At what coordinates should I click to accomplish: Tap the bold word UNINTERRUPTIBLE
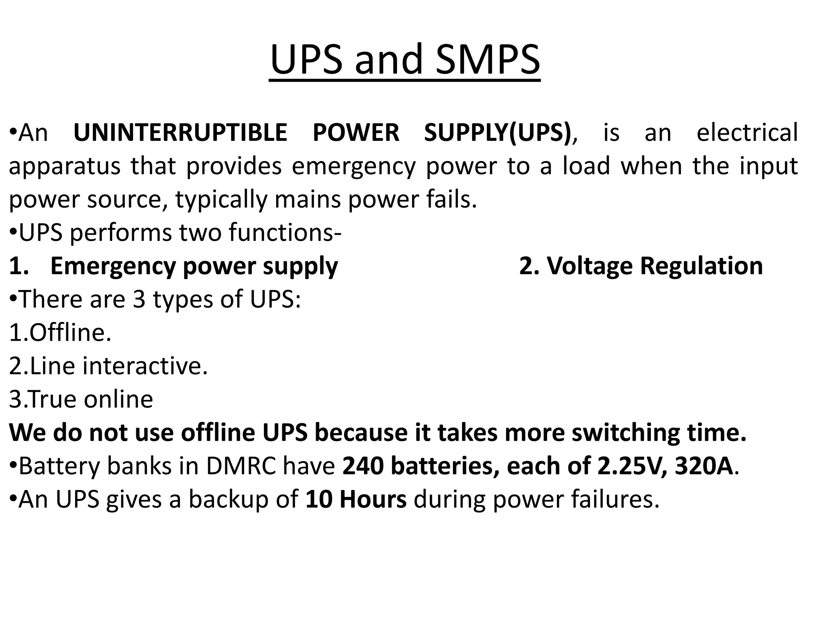click(180, 133)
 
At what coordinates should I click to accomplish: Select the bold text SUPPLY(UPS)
click(497, 133)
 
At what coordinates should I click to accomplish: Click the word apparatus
click(65, 166)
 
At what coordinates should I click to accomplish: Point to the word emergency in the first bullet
click(353, 166)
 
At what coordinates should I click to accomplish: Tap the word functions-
click(285, 232)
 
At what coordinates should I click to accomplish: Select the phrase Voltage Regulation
click(654, 266)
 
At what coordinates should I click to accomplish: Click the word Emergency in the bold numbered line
click(113, 266)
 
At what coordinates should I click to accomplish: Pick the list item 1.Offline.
click(60, 332)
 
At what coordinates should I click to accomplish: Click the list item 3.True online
click(81, 399)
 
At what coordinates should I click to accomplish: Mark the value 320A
click(704, 466)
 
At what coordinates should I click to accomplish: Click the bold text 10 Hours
click(356, 499)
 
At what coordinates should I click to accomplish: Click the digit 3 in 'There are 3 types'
click(139, 299)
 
